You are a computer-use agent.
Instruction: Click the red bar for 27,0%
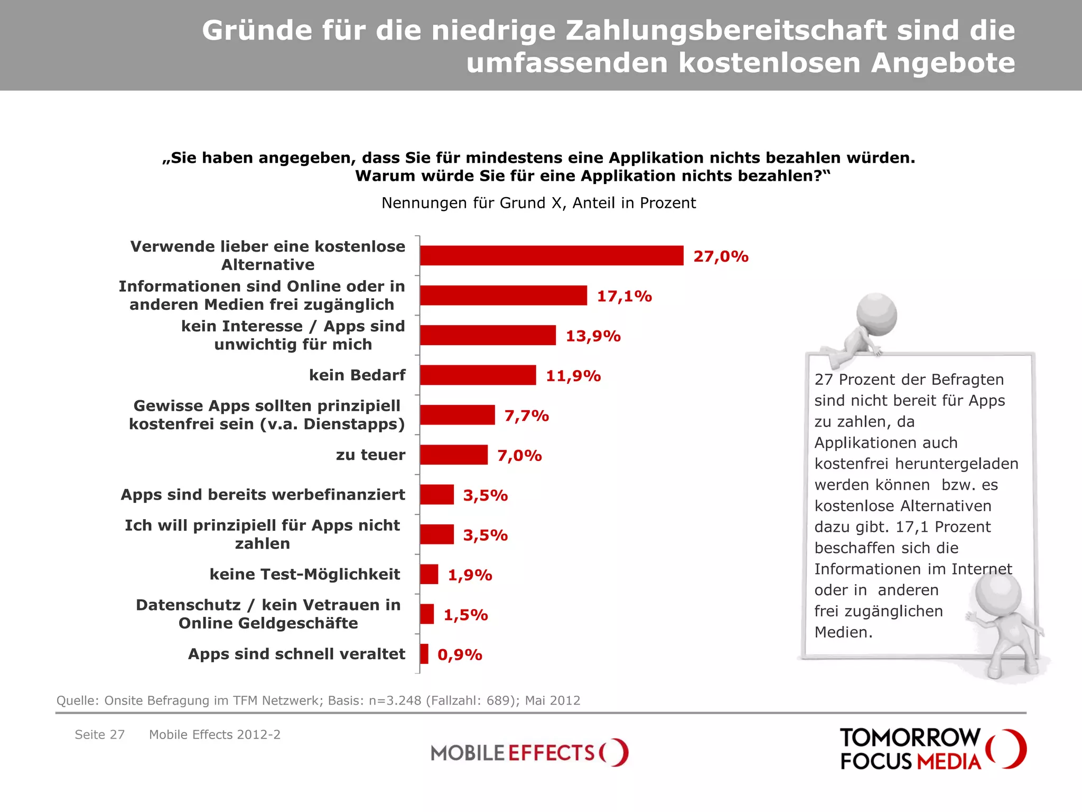552,255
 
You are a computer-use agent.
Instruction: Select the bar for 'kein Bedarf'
478,375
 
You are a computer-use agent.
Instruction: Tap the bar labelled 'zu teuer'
454,455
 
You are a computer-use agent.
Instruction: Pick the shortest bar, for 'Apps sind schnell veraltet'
424,654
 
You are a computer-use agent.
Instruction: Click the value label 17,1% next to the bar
624,296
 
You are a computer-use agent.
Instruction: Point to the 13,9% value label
593,336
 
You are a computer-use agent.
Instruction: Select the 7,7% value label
526,416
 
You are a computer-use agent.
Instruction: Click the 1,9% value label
470,575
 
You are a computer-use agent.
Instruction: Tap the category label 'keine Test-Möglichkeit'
305,574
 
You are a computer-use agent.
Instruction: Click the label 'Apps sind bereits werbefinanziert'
263,494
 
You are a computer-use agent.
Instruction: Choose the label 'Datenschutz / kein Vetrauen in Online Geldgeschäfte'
268,614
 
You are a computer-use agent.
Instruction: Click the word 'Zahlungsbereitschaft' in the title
726,30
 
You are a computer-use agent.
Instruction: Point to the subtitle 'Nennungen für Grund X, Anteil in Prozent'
538,203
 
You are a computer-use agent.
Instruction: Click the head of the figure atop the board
876,313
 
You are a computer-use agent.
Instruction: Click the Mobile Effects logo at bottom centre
529,752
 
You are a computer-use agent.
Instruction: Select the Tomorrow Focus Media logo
932,749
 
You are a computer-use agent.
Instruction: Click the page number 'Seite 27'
100,734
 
